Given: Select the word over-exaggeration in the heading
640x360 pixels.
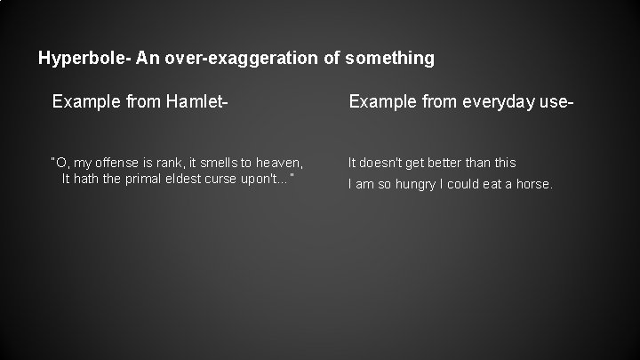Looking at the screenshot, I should tap(225, 60).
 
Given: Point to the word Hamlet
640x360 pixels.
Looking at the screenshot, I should tap(200, 103).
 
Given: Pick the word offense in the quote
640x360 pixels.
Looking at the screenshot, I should tap(119, 163).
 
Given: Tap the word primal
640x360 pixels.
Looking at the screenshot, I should tap(150, 179).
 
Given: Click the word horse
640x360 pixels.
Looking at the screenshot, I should tap(534, 185).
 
